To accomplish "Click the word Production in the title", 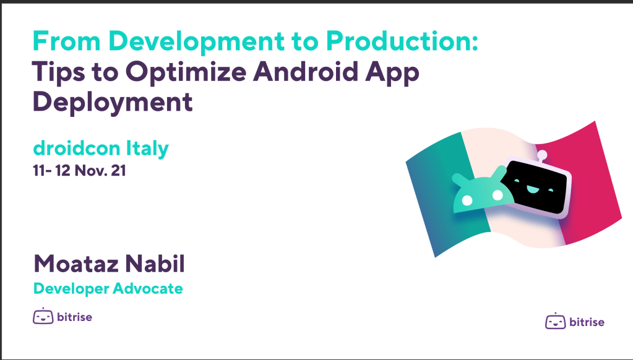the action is pos(402,41).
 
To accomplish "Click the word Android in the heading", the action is pos(306,71).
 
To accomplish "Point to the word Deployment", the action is pos(113,103).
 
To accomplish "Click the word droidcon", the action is pos(77,148).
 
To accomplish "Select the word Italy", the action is pos(147,149).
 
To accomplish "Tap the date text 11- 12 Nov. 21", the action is pos(80,170).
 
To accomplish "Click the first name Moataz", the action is pos(76,264).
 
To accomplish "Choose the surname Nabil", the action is pos(155,264).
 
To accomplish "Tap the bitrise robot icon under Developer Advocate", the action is pos(43,316).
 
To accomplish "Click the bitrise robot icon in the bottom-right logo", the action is pos(556,321).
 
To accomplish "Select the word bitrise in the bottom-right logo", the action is pos(587,322).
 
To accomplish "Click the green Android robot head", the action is pos(483,192).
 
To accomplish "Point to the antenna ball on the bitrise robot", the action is pos(542,154).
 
